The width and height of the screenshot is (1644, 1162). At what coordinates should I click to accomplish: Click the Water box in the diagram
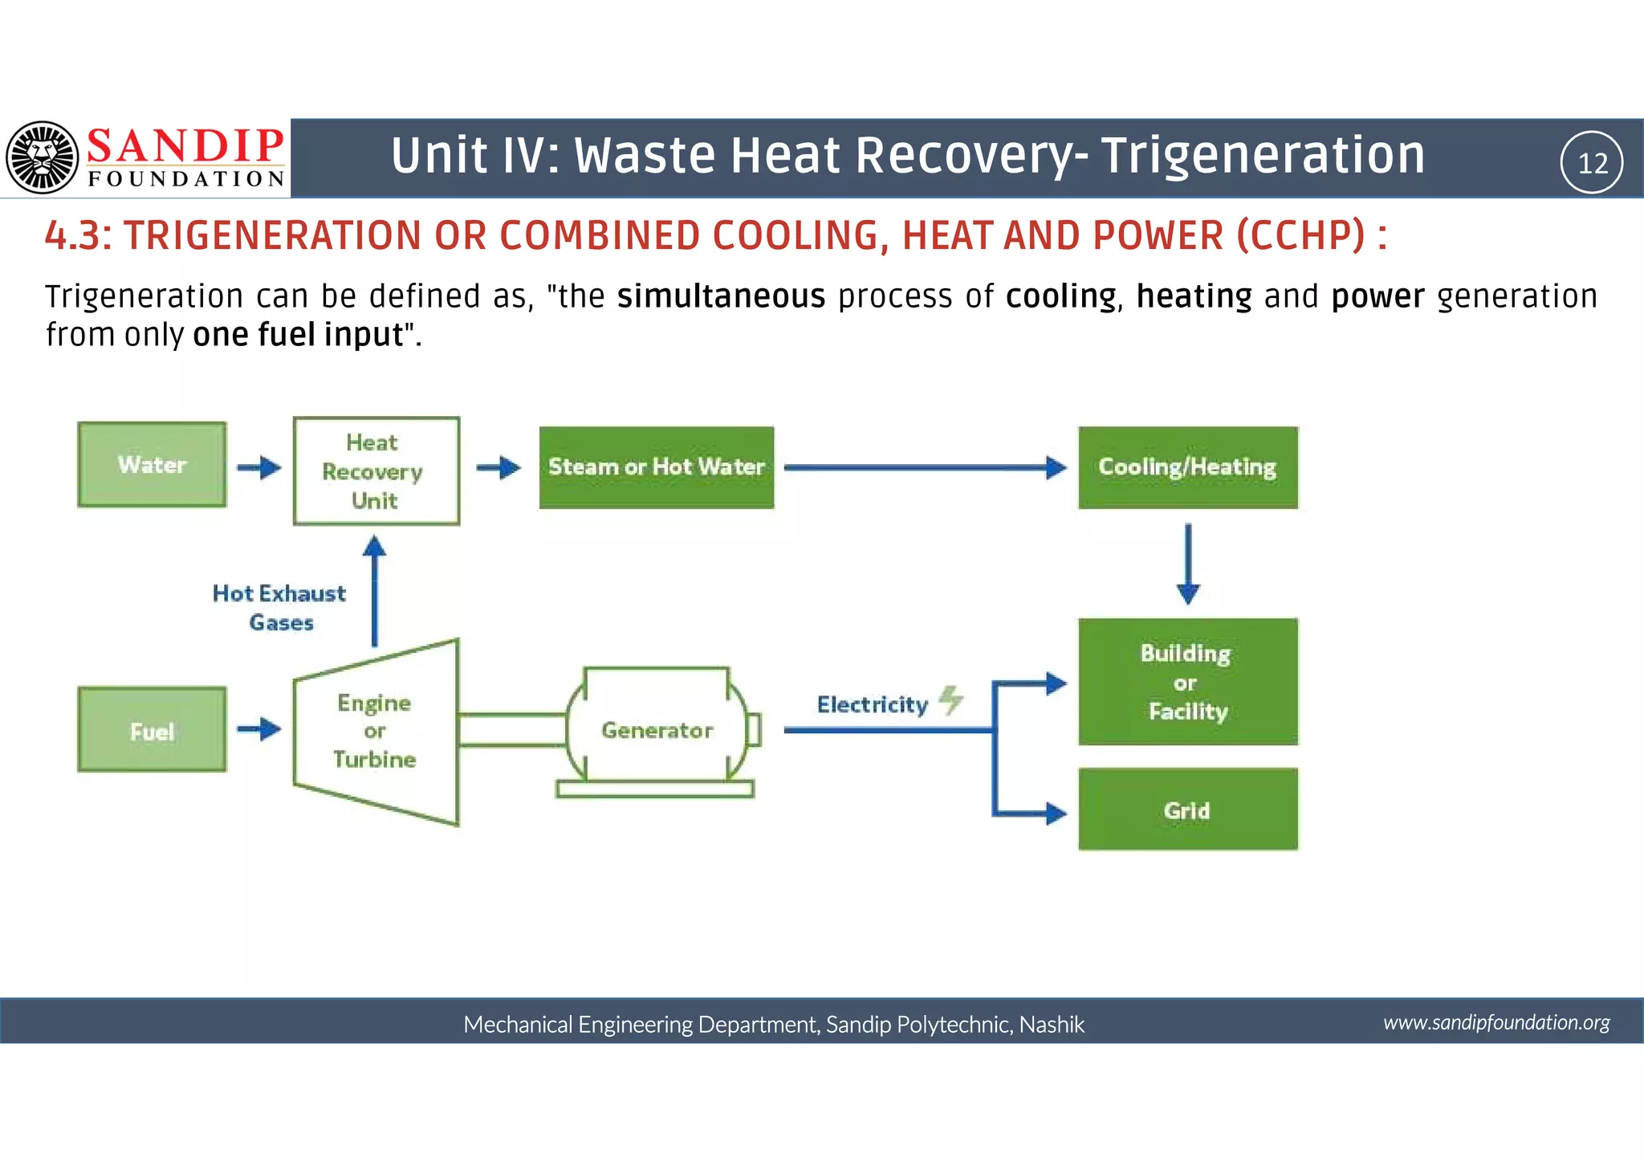(152, 465)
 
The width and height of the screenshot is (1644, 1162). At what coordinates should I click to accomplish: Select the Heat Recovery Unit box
(376, 471)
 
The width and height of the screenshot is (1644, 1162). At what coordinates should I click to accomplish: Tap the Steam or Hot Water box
(656, 467)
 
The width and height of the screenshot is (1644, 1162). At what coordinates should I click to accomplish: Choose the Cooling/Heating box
(1187, 467)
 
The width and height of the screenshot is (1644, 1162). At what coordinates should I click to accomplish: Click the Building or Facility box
(1187, 682)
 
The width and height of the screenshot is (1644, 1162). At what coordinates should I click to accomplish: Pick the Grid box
(1187, 809)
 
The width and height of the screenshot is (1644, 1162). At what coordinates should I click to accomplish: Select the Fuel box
(152, 730)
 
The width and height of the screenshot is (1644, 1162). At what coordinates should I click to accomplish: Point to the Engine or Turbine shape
(375, 732)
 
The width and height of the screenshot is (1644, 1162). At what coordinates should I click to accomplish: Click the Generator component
(657, 730)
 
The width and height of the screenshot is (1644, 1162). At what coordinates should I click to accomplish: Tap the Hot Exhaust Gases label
(279, 607)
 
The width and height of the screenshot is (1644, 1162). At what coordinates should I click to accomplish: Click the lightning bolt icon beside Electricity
(951, 699)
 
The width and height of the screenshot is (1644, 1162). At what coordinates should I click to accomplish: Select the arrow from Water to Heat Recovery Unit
(259, 467)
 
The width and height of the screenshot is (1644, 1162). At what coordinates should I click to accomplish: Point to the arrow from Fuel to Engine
(259, 729)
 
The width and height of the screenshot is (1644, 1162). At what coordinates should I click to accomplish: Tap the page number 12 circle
(1592, 162)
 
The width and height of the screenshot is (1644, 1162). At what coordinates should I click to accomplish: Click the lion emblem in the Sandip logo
(42, 157)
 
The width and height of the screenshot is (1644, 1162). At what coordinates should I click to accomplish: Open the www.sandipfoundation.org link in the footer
(1496, 1022)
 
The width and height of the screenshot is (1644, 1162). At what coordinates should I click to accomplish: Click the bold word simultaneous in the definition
(721, 296)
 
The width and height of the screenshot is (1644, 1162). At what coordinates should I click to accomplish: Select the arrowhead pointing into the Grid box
(1056, 813)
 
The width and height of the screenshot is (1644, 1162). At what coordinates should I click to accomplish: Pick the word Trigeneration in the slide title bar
(1263, 155)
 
